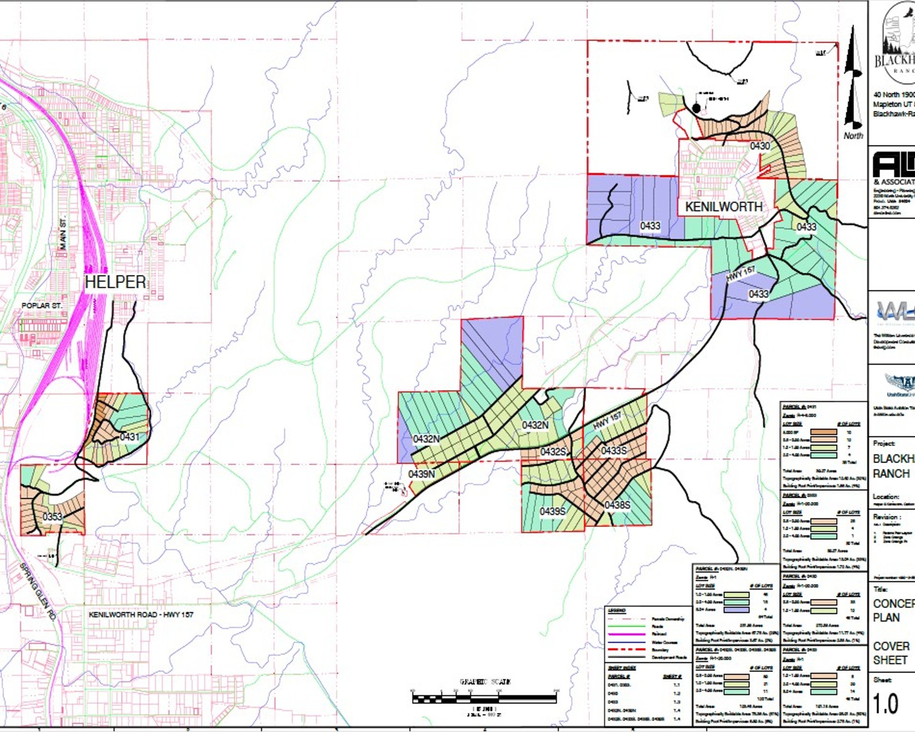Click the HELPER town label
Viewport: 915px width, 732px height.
click(116, 282)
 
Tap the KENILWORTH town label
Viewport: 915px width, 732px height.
click(724, 207)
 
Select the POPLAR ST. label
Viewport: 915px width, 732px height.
click(42, 305)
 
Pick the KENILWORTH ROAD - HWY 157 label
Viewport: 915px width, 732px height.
click(141, 614)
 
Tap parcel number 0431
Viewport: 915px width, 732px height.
click(129, 437)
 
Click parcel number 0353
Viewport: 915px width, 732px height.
click(52, 517)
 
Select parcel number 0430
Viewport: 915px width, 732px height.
click(760, 146)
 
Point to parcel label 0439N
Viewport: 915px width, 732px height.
click(422, 474)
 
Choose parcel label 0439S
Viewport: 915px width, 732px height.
click(552, 511)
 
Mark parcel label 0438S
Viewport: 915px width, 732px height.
click(617, 505)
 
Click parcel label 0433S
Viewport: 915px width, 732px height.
click(614, 451)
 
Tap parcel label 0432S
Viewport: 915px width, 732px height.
click(553, 452)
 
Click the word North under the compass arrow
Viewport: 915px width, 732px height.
click(853, 136)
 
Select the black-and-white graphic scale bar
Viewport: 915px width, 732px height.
click(484, 698)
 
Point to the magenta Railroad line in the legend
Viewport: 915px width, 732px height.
click(627, 634)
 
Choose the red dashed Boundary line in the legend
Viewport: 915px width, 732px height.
click(627, 650)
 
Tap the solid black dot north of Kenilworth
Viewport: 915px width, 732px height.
click(696, 108)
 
